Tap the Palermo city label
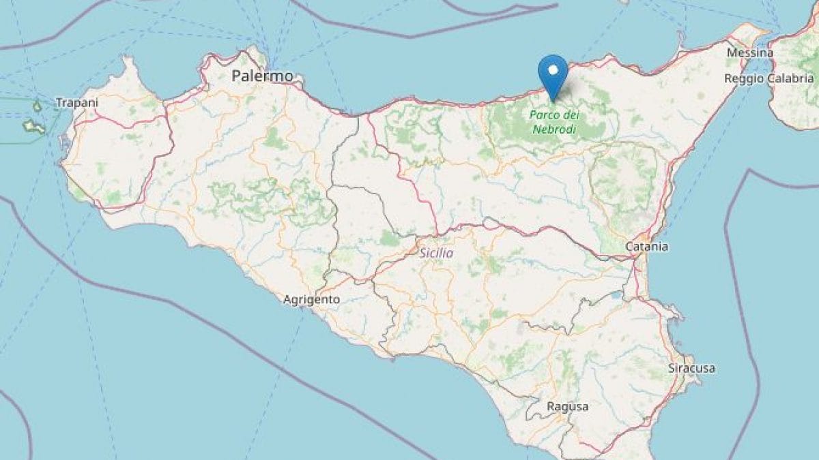point(262,76)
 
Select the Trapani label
point(77,103)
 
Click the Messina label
point(750,52)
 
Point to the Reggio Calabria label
point(768,78)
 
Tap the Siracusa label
point(691,368)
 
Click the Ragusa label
point(567,406)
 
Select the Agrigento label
point(312,298)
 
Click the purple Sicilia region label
point(437,254)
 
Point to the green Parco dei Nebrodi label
point(553,122)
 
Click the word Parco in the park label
point(543,115)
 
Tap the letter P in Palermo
point(236,76)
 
